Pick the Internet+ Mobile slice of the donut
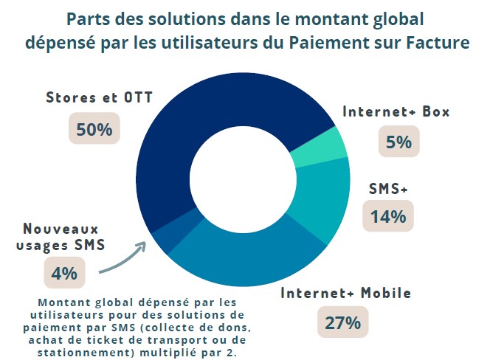[x=244, y=265]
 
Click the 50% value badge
[x=94, y=130]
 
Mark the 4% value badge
[x=64, y=273]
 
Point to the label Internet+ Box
[x=396, y=112]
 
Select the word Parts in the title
[x=89, y=18]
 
